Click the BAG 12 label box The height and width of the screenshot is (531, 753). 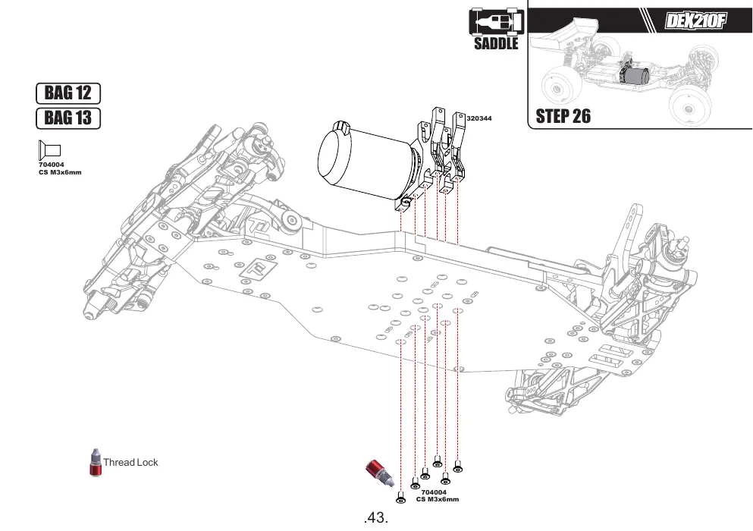(x=68, y=93)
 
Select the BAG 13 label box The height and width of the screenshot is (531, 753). (x=68, y=118)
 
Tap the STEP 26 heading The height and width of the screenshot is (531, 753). (x=563, y=116)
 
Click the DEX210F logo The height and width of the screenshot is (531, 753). (x=695, y=20)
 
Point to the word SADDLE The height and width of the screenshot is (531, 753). (x=496, y=43)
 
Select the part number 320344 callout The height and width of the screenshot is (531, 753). (x=479, y=118)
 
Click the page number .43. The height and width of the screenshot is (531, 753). (x=376, y=517)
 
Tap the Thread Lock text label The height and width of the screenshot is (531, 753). (x=130, y=462)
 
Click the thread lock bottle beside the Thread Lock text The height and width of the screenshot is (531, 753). (x=96, y=462)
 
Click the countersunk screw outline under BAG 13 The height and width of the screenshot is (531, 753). (x=49, y=150)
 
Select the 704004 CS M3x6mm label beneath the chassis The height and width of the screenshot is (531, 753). (x=437, y=495)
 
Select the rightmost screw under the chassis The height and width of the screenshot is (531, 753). (x=458, y=467)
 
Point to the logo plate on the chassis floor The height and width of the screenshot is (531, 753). (x=260, y=267)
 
